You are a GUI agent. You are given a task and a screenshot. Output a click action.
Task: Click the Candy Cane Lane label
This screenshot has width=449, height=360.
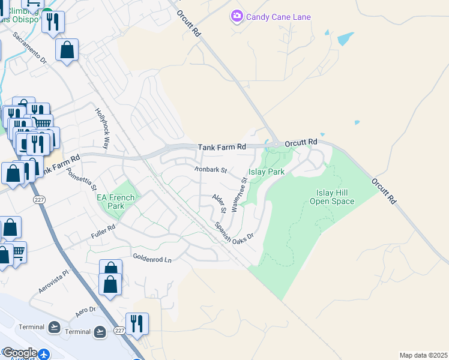279,17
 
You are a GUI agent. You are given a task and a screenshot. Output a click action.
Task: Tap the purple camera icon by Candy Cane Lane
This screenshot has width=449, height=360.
237,16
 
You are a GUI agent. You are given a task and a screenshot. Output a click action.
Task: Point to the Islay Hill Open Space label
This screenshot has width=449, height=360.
332,197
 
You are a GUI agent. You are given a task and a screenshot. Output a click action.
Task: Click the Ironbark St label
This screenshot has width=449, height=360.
211,170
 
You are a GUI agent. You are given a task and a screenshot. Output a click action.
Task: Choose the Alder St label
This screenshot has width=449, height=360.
218,203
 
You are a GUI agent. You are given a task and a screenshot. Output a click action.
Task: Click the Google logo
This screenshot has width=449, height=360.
20,353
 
